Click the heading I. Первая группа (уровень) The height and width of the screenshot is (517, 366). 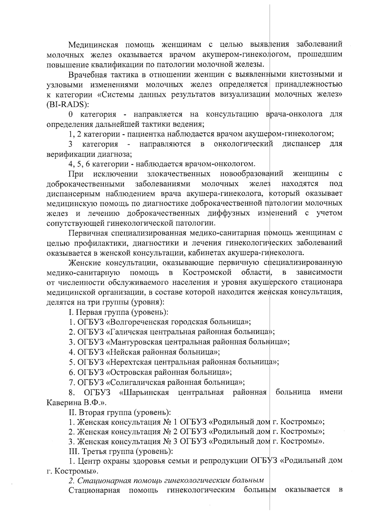click(x=118, y=312)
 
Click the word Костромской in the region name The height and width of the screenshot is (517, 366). click(x=207, y=272)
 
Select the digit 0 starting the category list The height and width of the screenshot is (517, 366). click(x=70, y=115)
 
